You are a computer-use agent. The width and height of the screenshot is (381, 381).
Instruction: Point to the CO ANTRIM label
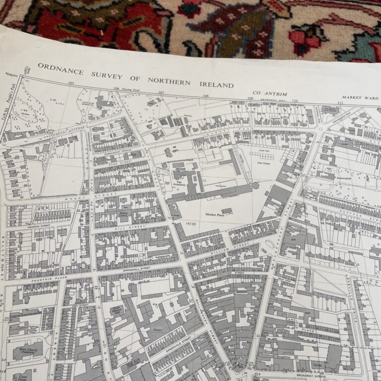266,93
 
